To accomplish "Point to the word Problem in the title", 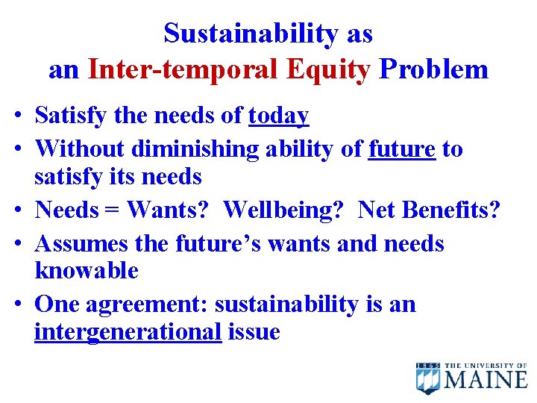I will pyautogui.click(x=433, y=69).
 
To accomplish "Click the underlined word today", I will pyautogui.click(x=278, y=116).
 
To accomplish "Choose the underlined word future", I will pyautogui.click(x=402, y=149).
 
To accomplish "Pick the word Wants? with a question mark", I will pyautogui.click(x=168, y=210).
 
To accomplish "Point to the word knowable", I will pyautogui.click(x=87, y=271).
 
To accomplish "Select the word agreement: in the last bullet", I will pyautogui.click(x=148, y=304).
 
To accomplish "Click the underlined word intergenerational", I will pyautogui.click(x=128, y=332).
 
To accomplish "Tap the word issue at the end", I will pyautogui.click(x=254, y=332).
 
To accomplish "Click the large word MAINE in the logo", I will pyautogui.click(x=486, y=380).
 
